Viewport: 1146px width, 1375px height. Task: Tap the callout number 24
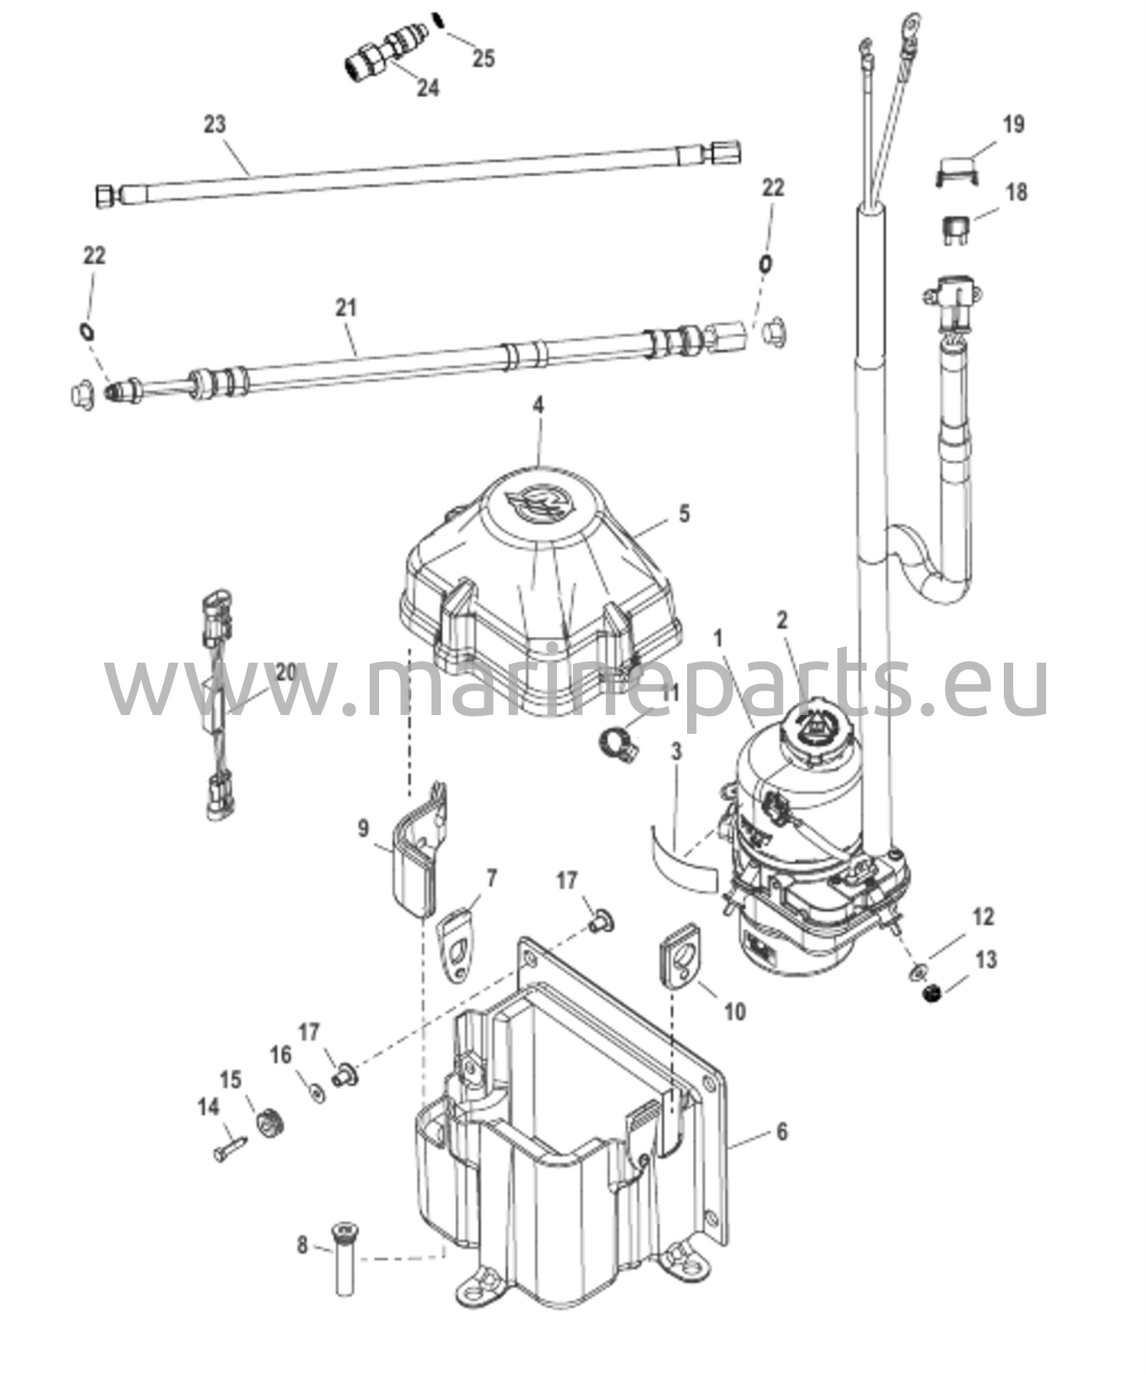click(427, 87)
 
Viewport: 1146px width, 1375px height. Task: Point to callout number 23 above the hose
click(215, 125)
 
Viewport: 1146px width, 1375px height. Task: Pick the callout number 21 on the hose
click(346, 307)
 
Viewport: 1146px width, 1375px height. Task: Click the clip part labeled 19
click(956, 171)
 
